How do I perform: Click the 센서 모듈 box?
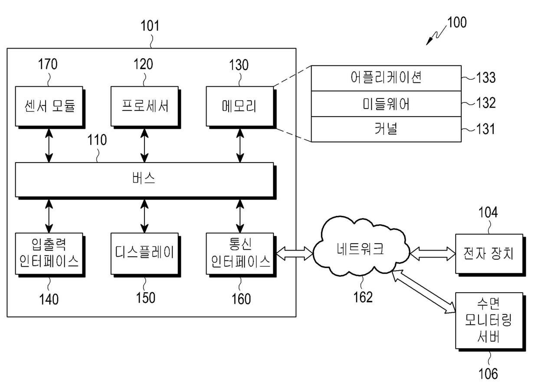pyautogui.click(x=49, y=106)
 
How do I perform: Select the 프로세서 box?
pyautogui.click(x=144, y=106)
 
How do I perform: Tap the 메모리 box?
pyautogui.click(x=239, y=106)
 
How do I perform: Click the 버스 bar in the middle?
pyautogui.click(x=144, y=179)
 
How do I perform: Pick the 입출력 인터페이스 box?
pyautogui.click(x=49, y=254)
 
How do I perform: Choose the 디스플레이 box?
pyautogui.click(x=144, y=254)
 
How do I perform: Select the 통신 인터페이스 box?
pyautogui.click(x=239, y=254)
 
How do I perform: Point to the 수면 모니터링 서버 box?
pyautogui.click(x=489, y=321)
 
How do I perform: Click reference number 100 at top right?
pyautogui.click(x=457, y=23)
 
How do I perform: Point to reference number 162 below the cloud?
pyautogui.click(x=363, y=297)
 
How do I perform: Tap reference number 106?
pyautogui.click(x=489, y=373)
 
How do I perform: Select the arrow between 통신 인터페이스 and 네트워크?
pyautogui.click(x=294, y=254)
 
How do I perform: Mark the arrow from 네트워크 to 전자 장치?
pyautogui.click(x=431, y=254)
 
